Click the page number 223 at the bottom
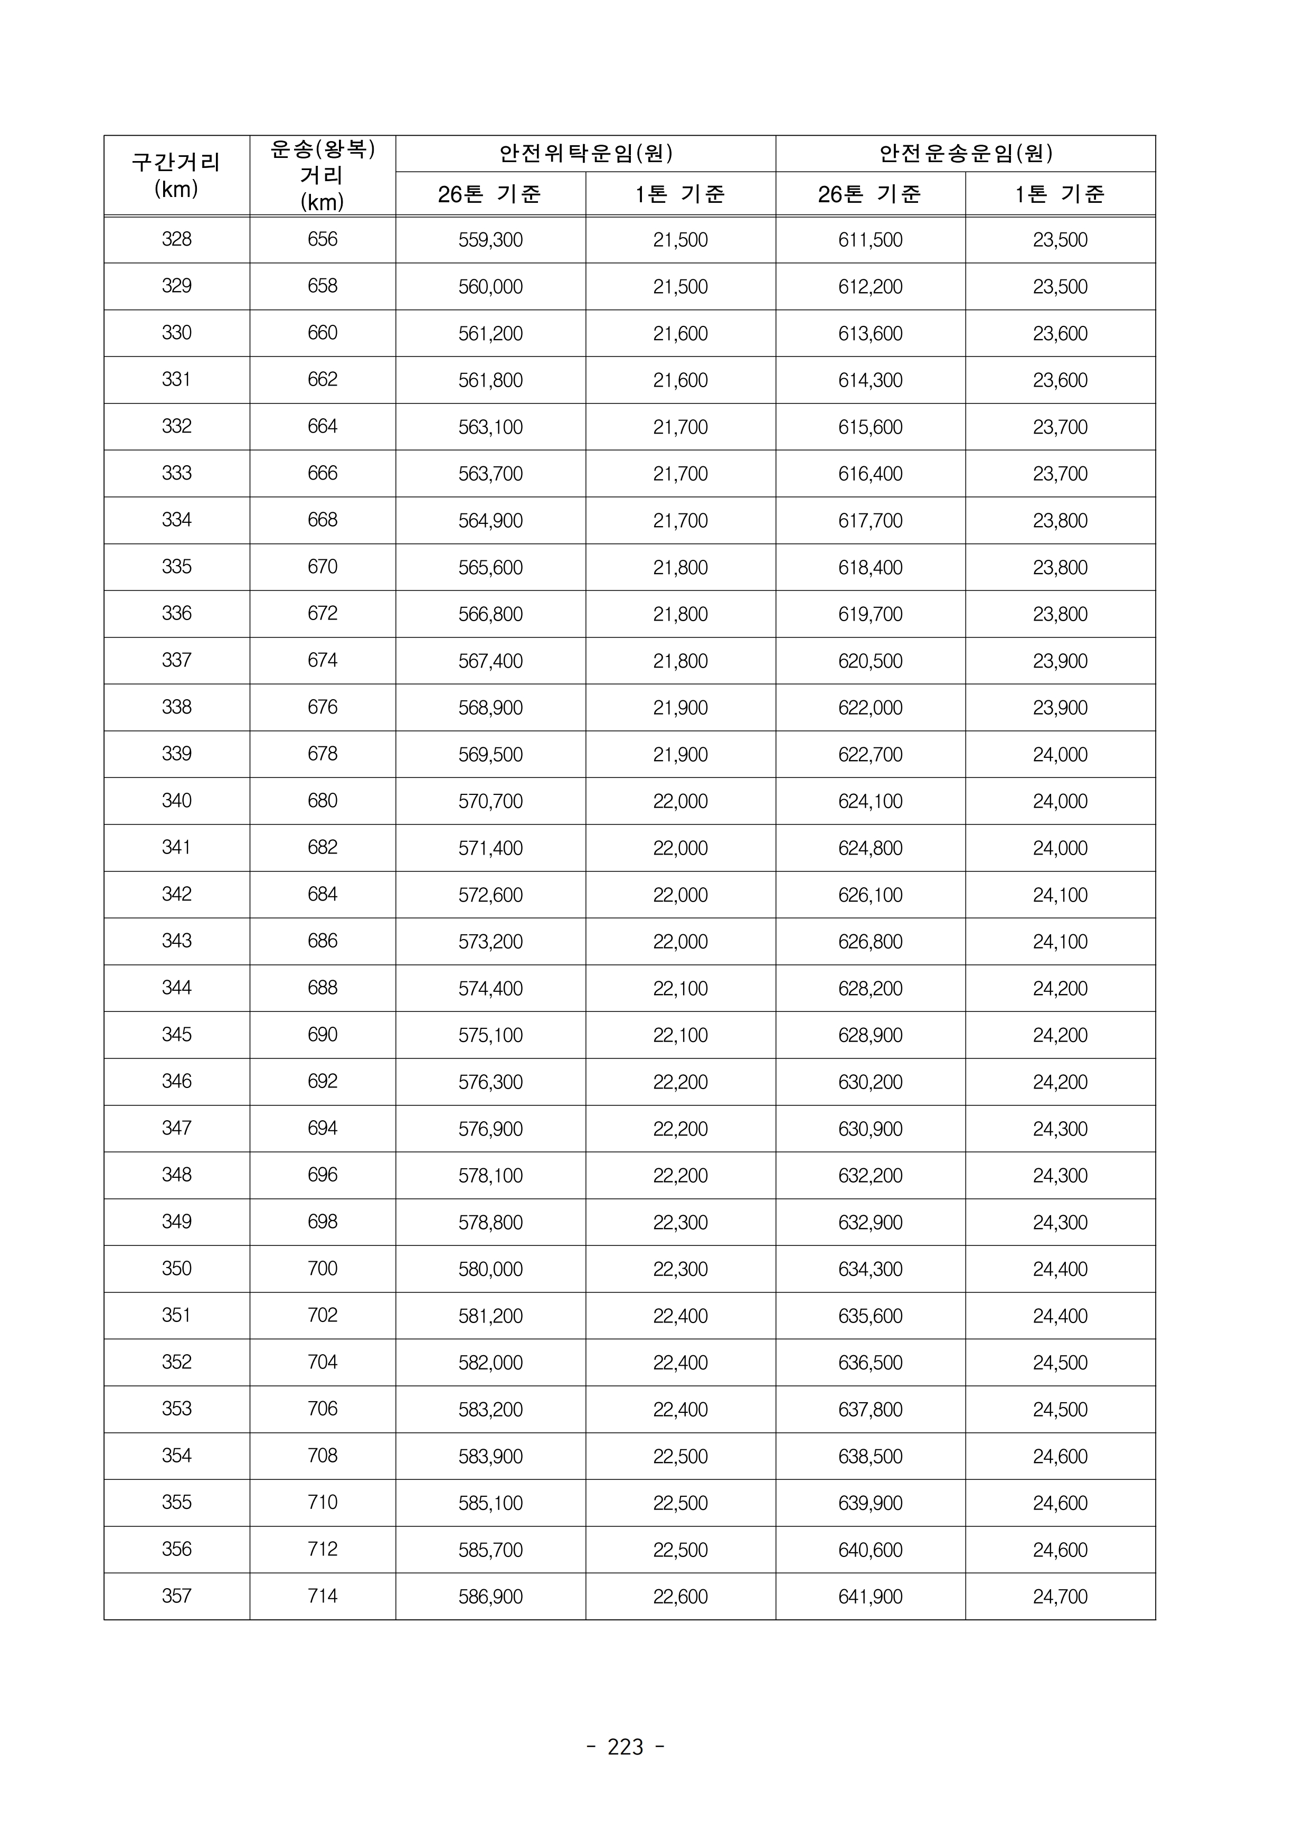pos(625,1747)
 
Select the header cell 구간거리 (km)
pos(176,175)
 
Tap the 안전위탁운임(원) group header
pos(585,153)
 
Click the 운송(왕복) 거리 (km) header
pos(322,175)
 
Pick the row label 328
pos(176,239)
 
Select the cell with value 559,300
pos(490,240)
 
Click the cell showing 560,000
pos(490,287)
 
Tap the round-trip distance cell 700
pos(322,1269)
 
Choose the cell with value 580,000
pos(490,1269)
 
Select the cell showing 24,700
pos(1060,1597)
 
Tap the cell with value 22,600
pos(680,1597)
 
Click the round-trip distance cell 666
pos(322,473)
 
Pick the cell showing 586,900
pos(490,1597)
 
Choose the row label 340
pos(176,801)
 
